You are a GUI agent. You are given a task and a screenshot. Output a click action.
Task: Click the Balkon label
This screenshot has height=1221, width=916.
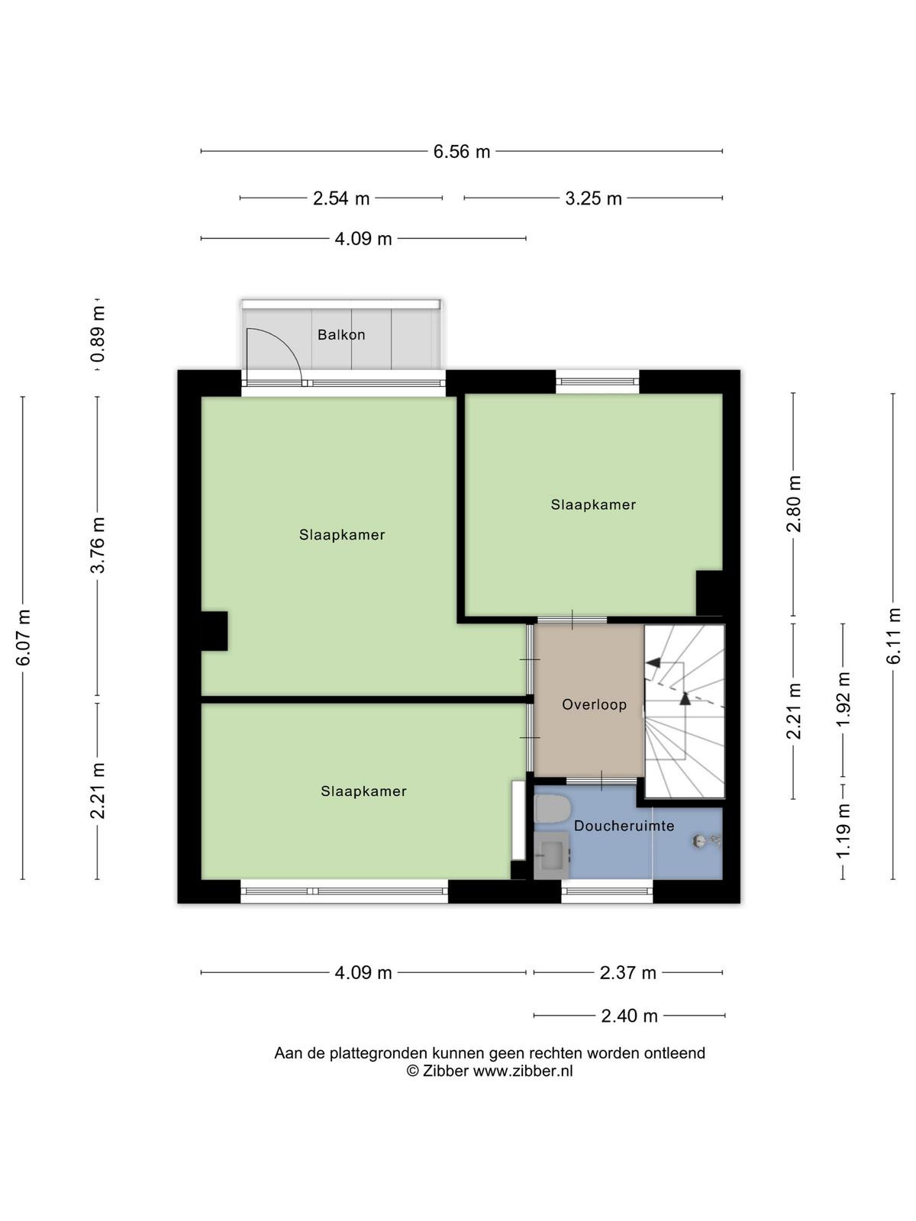[x=341, y=334]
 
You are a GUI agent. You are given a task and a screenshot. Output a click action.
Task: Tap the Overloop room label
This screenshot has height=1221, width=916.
[x=594, y=704]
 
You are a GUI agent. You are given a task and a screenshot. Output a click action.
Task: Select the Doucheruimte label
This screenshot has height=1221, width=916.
[x=624, y=826]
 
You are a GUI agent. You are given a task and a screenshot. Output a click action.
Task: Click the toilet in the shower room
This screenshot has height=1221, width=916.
[x=552, y=809]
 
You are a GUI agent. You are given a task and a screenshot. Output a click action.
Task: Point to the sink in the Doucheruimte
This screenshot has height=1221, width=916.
[x=551, y=855]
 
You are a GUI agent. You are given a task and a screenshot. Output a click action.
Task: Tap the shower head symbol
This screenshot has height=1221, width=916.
[x=706, y=841]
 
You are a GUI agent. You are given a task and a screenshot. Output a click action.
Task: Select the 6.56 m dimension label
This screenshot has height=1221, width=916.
[x=462, y=151]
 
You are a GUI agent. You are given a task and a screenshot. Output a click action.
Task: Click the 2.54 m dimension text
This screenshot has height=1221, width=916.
[x=341, y=198]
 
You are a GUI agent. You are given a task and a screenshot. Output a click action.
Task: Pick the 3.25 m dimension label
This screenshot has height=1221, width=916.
[x=593, y=198]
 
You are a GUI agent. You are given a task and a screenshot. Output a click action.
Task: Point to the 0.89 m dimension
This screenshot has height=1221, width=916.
[x=98, y=333]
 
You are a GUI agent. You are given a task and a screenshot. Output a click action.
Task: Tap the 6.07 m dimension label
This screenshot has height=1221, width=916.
[x=23, y=637]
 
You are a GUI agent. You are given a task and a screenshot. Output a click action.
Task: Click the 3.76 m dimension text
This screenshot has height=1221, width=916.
[x=98, y=545]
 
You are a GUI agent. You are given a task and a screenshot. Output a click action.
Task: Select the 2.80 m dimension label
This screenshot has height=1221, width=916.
[x=793, y=504]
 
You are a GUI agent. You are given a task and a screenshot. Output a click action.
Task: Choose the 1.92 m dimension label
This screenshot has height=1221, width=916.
[x=843, y=699]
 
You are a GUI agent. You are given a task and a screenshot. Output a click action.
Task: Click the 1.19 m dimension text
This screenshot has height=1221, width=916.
[x=843, y=831]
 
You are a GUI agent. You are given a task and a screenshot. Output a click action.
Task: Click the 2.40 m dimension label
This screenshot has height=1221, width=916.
[x=629, y=1016]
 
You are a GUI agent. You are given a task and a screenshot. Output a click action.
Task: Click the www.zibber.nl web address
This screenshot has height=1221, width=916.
[x=523, y=1071]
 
